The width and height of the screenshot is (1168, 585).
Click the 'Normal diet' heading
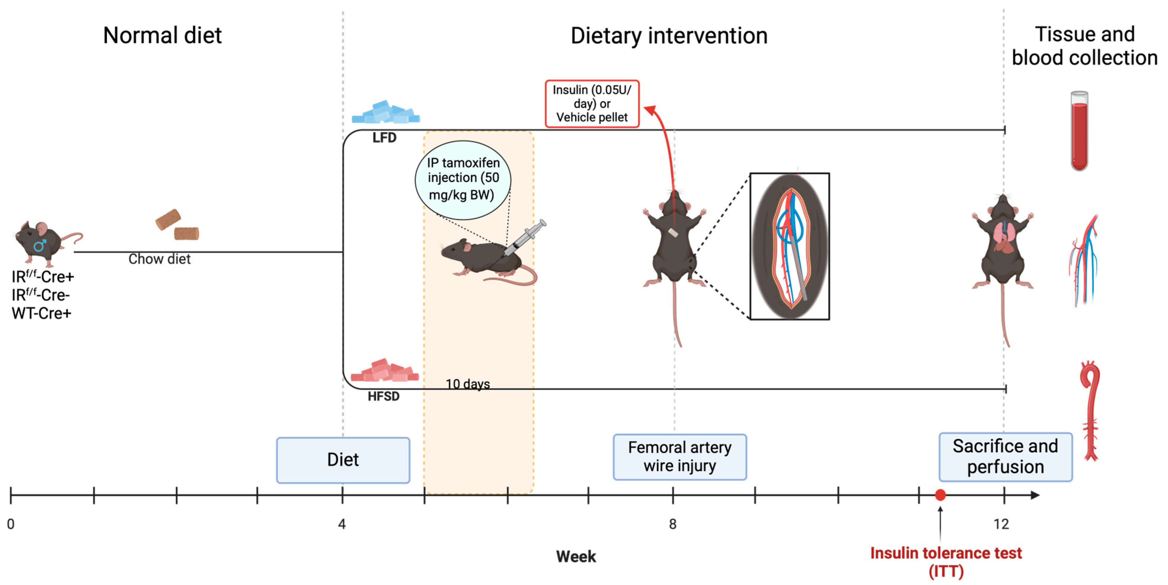pyautogui.click(x=162, y=35)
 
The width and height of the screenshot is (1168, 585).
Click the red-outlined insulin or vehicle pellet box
pyautogui.click(x=592, y=104)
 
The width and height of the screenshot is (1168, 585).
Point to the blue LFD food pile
pyautogui.click(x=386, y=113)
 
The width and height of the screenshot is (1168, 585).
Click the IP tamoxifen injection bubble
pyautogui.click(x=463, y=179)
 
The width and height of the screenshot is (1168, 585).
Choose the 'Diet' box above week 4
pyautogui.click(x=343, y=460)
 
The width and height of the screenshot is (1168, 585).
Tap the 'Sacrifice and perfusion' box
pyautogui.click(x=1005, y=457)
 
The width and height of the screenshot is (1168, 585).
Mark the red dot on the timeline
pyautogui.click(x=940, y=495)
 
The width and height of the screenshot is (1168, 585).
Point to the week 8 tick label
pyautogui.click(x=672, y=524)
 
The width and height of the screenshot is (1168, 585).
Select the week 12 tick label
pyautogui.click(x=1001, y=524)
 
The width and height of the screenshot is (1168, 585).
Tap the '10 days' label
pyautogui.click(x=468, y=384)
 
